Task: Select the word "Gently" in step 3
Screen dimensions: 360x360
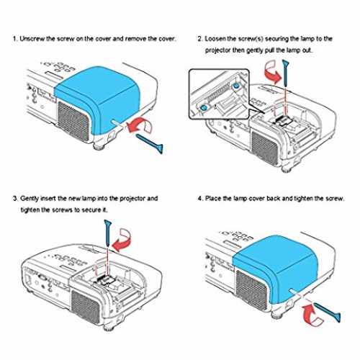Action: coord(30,199)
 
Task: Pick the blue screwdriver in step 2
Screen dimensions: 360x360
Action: coord(285,73)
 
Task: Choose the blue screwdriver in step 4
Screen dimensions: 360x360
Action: coord(328,312)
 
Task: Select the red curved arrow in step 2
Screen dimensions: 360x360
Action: coord(271,71)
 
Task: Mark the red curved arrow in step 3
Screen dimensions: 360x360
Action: coord(122,240)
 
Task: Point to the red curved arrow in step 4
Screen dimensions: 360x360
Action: coord(311,315)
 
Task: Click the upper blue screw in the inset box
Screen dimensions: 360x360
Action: coord(236,85)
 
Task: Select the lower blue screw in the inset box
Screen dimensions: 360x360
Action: coord(204,107)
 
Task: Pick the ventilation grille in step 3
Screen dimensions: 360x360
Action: coord(86,307)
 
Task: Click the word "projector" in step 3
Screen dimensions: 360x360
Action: coord(132,199)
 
